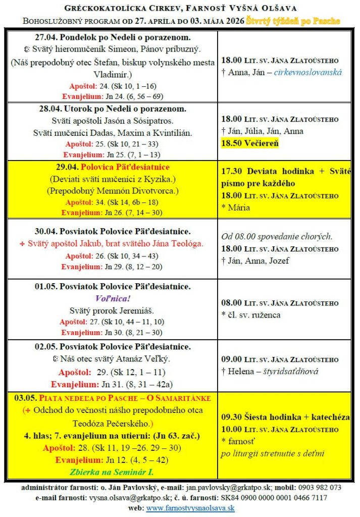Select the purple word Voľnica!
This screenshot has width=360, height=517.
pos(112,298)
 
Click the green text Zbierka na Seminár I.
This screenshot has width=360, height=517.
pos(112,473)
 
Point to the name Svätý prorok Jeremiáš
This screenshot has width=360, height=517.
pos(112,310)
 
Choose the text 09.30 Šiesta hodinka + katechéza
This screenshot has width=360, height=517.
pos(286,418)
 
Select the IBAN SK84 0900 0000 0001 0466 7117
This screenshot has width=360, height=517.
pos(284,498)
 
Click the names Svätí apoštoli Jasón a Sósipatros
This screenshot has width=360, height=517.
pos(112,121)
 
